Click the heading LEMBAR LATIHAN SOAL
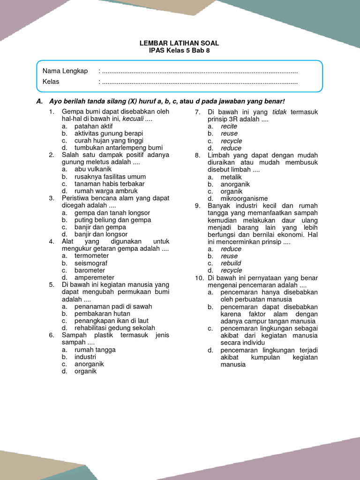(x=179, y=43)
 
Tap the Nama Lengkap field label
(x=65, y=71)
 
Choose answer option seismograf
(x=91, y=263)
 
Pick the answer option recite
(x=229, y=126)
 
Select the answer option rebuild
(x=231, y=263)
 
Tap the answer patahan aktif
(x=94, y=126)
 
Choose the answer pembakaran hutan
(x=102, y=314)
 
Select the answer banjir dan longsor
(x=101, y=234)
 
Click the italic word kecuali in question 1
(x=133, y=119)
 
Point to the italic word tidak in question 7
(x=280, y=112)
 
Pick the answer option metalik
(x=231, y=177)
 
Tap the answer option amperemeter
(x=94, y=277)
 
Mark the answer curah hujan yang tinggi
(x=109, y=141)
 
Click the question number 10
(x=199, y=278)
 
